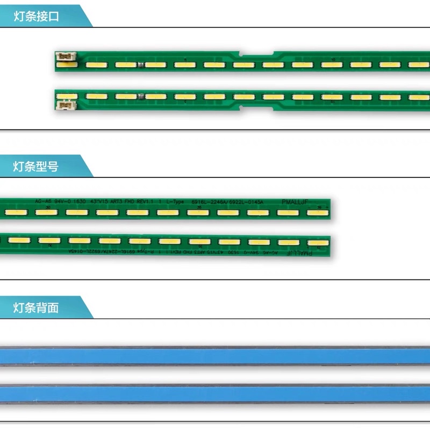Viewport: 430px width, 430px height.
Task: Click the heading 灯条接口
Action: point(37,17)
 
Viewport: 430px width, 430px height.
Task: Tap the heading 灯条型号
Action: point(37,167)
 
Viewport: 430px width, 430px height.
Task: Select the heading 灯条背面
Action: point(37,308)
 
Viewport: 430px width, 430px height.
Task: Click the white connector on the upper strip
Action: point(67,55)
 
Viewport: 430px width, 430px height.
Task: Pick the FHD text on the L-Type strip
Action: point(128,202)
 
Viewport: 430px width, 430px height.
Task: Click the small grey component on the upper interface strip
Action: point(140,65)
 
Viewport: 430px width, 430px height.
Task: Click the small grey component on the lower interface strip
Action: point(140,97)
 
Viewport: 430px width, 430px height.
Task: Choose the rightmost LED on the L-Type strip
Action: point(317,212)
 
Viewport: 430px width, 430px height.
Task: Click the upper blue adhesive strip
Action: point(215,356)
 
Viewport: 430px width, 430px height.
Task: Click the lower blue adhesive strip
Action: point(215,394)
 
